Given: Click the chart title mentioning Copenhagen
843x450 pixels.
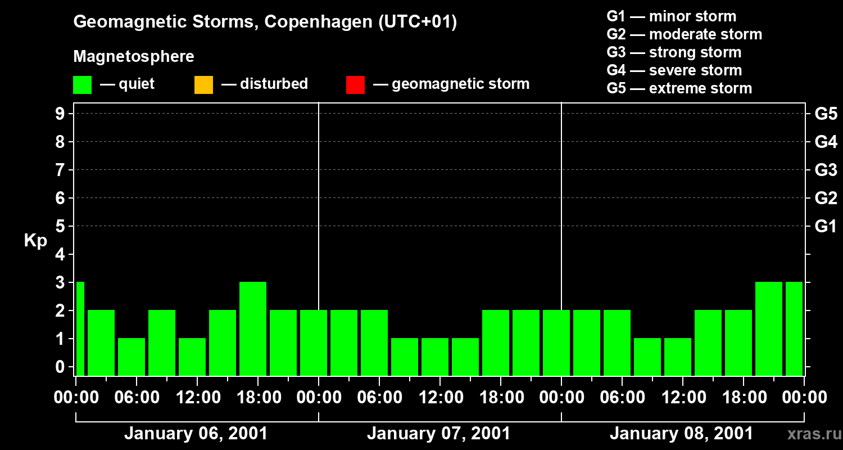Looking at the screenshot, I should pyautogui.click(x=265, y=22).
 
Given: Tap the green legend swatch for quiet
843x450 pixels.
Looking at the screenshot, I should pyautogui.click(x=82, y=84).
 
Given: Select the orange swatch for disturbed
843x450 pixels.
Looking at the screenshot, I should pyautogui.click(x=203, y=84).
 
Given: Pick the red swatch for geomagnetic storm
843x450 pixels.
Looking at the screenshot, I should pyautogui.click(x=355, y=84).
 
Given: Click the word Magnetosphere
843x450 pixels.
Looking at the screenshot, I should pyautogui.click(x=134, y=57).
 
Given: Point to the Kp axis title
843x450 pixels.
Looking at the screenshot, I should pyautogui.click(x=35, y=241).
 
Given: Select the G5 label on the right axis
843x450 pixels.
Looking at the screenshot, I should pyautogui.click(x=826, y=114).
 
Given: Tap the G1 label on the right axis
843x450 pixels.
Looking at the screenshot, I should pyautogui.click(x=826, y=227).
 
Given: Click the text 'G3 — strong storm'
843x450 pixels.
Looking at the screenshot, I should pyautogui.click(x=674, y=52).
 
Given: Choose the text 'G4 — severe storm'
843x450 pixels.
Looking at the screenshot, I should pyautogui.click(x=674, y=70).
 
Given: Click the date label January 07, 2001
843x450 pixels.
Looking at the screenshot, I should pyautogui.click(x=438, y=434).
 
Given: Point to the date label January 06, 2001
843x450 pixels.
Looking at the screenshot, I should pyautogui.click(x=196, y=434).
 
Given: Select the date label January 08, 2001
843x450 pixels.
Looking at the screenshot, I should pyautogui.click(x=681, y=434).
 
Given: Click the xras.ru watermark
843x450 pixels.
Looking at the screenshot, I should pyautogui.click(x=813, y=434).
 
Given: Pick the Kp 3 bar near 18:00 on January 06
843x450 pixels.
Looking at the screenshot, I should pyautogui.click(x=253, y=328).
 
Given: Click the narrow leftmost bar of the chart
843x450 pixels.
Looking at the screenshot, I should pyautogui.click(x=80, y=328).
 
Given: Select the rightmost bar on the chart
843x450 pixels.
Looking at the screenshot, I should pyautogui.click(x=794, y=328).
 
